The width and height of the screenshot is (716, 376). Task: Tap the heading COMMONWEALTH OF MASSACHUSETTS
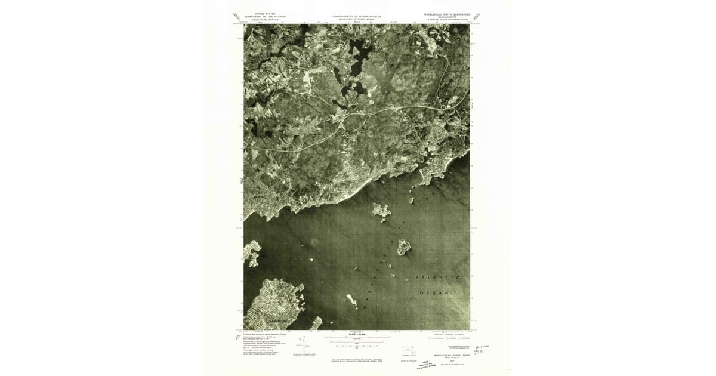click(356, 17)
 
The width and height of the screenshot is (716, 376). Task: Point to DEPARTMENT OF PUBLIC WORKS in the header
click(356, 20)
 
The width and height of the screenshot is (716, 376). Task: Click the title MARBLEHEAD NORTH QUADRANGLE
click(447, 14)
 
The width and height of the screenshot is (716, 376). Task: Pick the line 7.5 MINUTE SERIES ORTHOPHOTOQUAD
click(447, 20)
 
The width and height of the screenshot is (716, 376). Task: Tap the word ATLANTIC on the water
click(437, 278)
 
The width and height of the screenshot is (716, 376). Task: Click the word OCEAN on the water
click(434, 293)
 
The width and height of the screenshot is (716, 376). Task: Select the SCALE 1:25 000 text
click(356, 334)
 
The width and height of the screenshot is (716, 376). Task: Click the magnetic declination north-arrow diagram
click(303, 344)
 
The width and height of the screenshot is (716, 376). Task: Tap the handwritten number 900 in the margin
click(478, 352)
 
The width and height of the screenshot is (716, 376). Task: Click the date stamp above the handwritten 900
click(482, 346)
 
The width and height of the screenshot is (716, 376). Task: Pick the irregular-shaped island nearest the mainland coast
click(380, 209)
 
